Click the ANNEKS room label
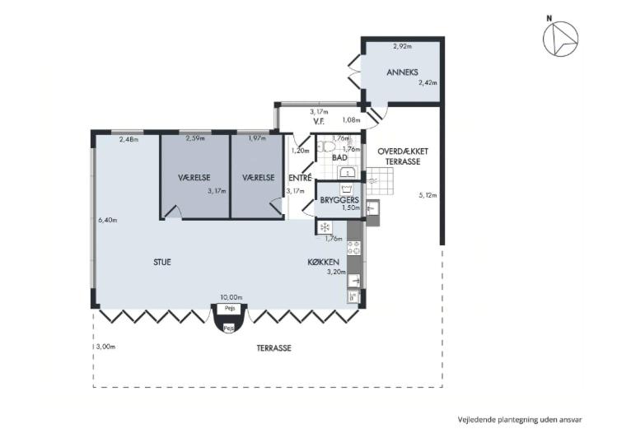(402, 72)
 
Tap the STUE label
(162, 262)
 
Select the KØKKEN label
(324, 262)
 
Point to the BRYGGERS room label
(339, 200)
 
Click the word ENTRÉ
(300, 178)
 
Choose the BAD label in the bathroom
(339, 158)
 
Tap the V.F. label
(319, 121)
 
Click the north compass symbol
(560, 38)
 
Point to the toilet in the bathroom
(326, 147)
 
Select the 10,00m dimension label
(231, 297)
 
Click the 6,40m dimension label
(107, 220)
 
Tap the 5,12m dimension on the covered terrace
(428, 195)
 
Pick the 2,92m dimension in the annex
(403, 46)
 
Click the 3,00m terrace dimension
(105, 347)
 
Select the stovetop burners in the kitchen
(353, 248)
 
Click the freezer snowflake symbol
(325, 227)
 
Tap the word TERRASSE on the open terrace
(273, 348)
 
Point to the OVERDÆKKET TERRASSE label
(403, 156)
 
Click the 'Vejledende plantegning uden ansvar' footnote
(520, 420)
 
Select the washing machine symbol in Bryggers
(346, 189)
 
